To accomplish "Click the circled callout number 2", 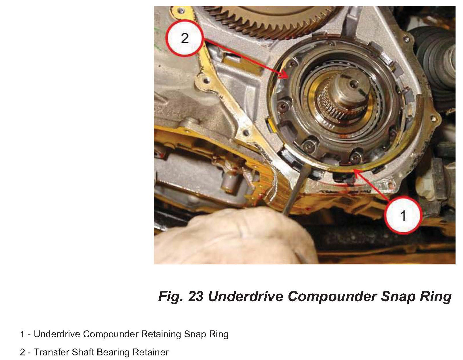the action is tap(185, 38).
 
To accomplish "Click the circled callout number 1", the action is tap(403, 215).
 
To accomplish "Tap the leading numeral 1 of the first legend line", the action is tap(22, 334).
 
